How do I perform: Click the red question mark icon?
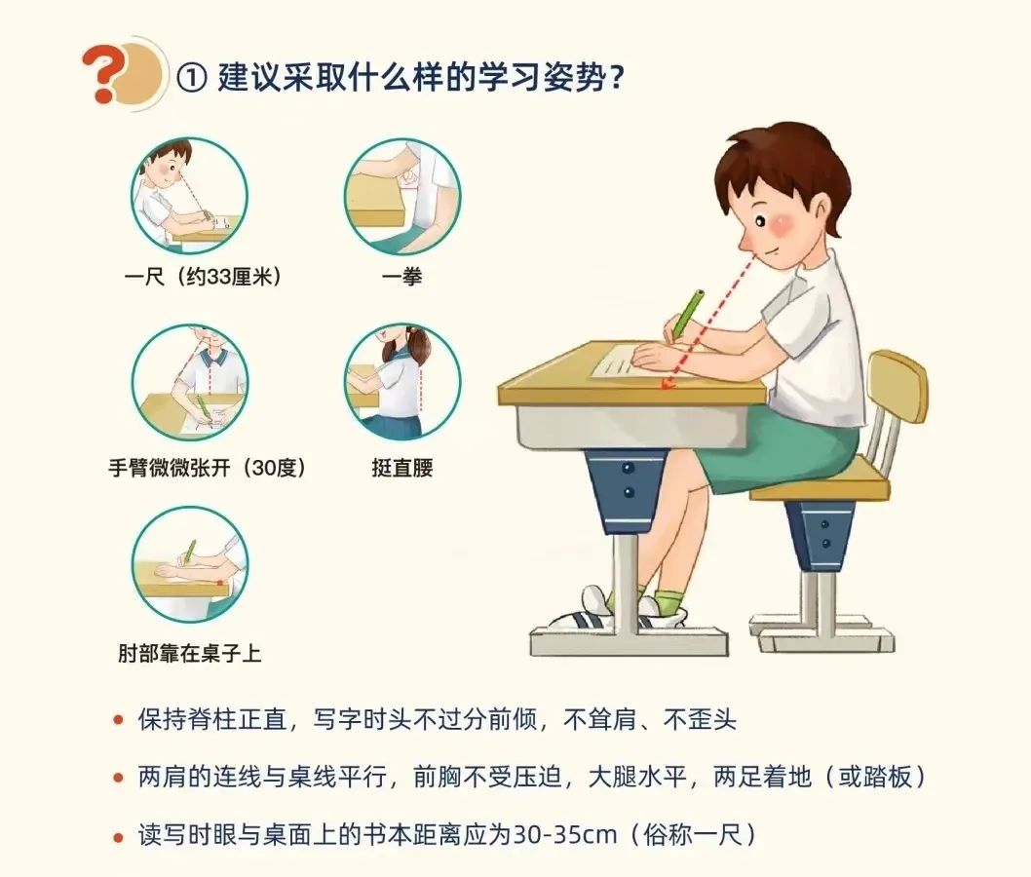[x=105, y=74]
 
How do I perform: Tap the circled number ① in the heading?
[x=192, y=79]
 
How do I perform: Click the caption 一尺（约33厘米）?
[x=204, y=276]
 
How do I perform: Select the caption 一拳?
[x=401, y=276]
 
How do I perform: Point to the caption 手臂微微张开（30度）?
[x=208, y=468]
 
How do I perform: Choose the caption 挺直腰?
[x=401, y=468]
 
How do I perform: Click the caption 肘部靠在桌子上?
[x=189, y=653]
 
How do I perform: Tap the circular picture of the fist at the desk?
[x=402, y=196]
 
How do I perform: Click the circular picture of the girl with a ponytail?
[x=402, y=382]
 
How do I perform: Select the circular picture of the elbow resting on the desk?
[x=189, y=565]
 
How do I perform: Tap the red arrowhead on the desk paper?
[x=668, y=383]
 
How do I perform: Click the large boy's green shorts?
[x=780, y=447]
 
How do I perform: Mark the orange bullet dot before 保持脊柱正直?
[x=118, y=720]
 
